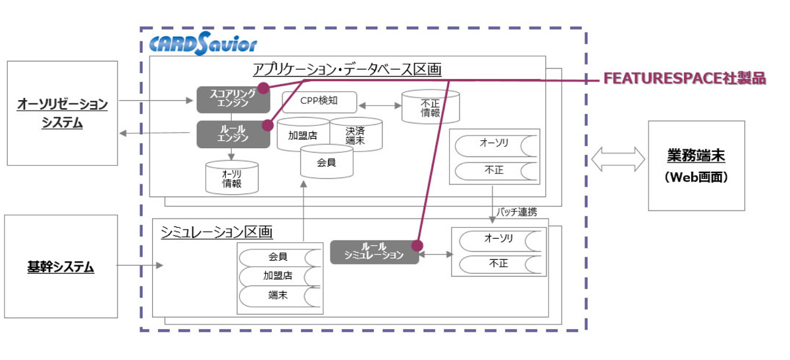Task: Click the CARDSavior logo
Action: pos(203,44)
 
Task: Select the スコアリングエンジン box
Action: pos(232,99)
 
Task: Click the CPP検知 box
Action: pos(320,102)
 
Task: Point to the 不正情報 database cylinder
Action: pos(430,107)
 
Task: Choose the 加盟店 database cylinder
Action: pos(303,135)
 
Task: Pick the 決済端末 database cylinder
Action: pos(355,135)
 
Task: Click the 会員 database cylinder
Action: pos(327,161)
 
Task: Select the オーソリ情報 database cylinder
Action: pos(232,178)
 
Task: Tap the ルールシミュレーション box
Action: pos(374,251)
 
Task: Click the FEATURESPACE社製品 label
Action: pos(685,78)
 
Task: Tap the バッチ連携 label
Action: pos(517,211)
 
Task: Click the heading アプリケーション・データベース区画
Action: pos(347,69)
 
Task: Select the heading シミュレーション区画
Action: pos(217,232)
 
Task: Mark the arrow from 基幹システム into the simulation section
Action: pos(139,266)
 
